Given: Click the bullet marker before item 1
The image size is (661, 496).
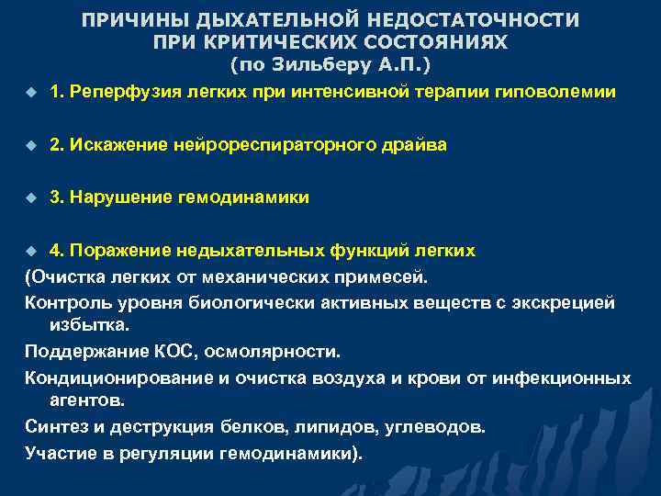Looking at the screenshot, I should point(29,94).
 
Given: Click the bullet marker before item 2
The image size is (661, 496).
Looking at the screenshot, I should point(29,146).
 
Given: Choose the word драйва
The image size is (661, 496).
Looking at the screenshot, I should point(388,145).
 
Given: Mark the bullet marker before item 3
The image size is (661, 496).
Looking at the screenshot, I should point(29,198).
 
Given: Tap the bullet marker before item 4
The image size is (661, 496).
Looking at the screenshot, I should point(29,251).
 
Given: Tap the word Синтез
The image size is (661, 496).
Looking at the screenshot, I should point(54,427).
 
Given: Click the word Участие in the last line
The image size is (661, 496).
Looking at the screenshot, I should point(60,453).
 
